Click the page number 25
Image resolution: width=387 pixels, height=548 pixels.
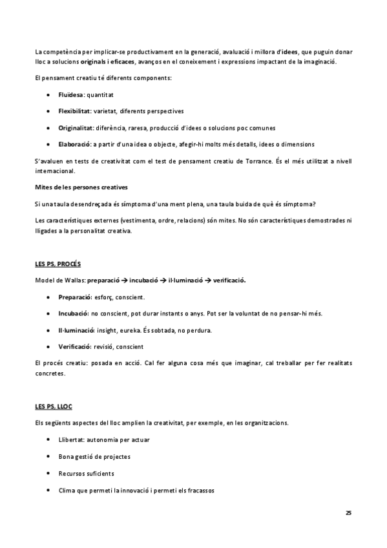(348, 512)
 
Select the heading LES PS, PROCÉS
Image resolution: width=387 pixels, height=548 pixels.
(58, 265)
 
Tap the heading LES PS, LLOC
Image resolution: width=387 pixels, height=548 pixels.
(54, 406)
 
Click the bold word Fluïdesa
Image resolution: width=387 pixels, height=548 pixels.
(70, 94)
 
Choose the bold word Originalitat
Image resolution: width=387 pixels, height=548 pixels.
(76, 127)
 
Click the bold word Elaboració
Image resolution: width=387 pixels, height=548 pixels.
(74, 143)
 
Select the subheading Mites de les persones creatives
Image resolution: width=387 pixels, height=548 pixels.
(81, 187)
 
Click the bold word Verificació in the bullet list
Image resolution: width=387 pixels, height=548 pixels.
(75, 347)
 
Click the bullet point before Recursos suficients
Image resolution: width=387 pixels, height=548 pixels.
(50, 473)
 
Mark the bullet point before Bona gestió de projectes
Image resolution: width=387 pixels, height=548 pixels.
(50, 456)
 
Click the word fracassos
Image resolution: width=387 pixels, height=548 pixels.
(198, 490)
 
